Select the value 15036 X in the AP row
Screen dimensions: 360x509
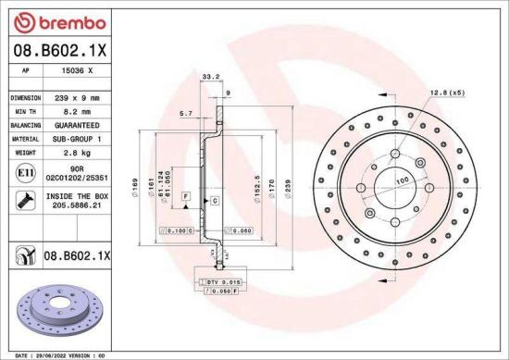[x=77, y=70]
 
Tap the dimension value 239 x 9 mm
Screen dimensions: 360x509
[x=79, y=96]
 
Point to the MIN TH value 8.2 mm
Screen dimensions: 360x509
[x=77, y=109]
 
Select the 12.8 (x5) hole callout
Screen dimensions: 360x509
[x=446, y=93]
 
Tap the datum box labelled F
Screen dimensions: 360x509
[x=186, y=197]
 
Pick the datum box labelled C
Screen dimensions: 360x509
[x=214, y=200]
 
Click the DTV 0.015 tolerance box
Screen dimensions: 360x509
[x=219, y=279]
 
